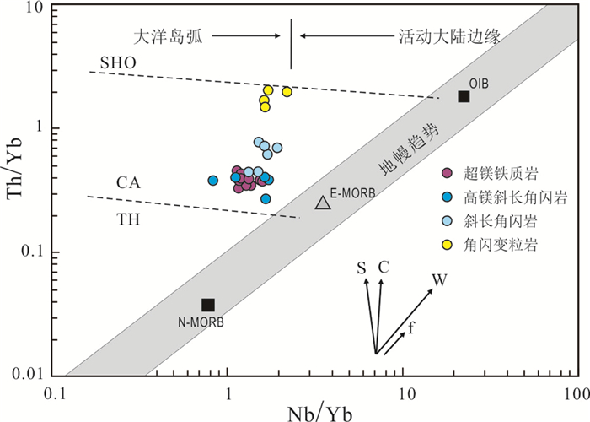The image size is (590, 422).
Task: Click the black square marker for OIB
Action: tap(464, 96)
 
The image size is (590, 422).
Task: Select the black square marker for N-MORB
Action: tap(208, 305)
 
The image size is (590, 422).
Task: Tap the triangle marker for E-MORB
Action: tap(322, 203)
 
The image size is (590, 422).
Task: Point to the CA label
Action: tap(128, 183)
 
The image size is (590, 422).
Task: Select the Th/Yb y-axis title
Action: tap(18, 193)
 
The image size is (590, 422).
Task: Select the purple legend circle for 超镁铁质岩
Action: tap(447, 174)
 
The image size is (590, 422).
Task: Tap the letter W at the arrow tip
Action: tap(439, 279)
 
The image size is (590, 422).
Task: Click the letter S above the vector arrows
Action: tap(361, 268)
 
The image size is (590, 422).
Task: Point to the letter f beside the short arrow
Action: tap(411, 325)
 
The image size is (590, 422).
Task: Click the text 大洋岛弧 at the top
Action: tap(168, 36)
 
